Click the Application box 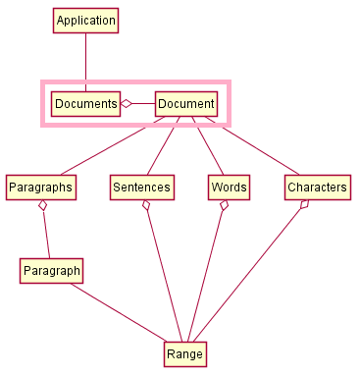(85, 21)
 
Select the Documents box (85, 103)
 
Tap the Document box (186, 103)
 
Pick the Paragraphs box (41, 187)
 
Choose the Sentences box (142, 187)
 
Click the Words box (229, 187)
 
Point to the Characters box (317, 187)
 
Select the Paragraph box (51, 270)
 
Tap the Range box (184, 353)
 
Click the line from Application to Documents (85, 62)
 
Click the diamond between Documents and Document (126, 103)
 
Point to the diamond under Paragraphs (42, 206)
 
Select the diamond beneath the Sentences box (146, 206)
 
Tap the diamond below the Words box (225, 206)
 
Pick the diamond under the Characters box (305, 205)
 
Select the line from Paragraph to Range (118, 312)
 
